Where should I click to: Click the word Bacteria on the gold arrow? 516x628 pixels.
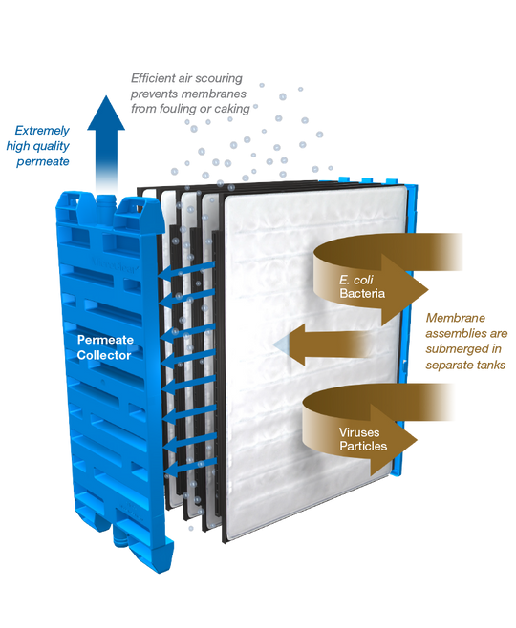pyautogui.click(x=361, y=292)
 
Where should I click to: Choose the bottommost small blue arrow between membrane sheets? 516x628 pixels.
pyautogui.click(x=182, y=468)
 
